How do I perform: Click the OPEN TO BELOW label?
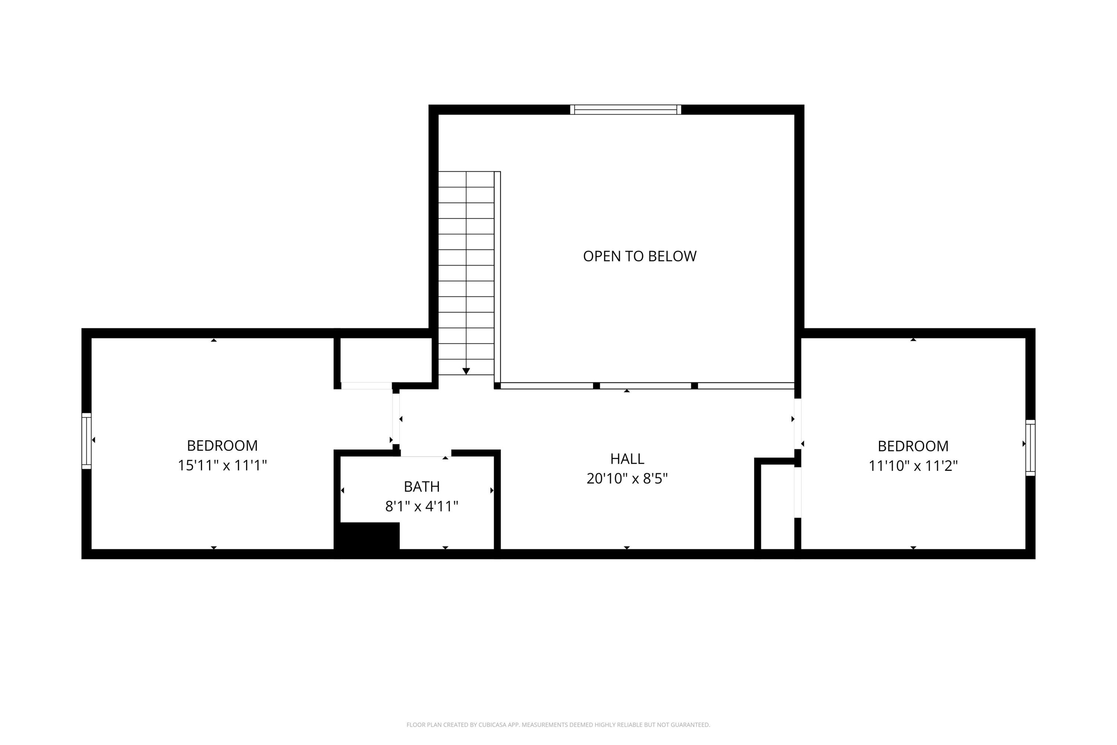639,256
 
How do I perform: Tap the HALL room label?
627,459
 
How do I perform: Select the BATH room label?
421,486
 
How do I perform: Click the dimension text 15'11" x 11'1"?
222,465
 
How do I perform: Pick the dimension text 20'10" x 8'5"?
627,478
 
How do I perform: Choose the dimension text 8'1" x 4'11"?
421,507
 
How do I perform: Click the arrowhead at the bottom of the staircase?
466,371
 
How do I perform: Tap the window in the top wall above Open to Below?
626,110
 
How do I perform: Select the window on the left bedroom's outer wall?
86,441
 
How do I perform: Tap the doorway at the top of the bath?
425,453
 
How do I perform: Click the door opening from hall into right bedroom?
798,423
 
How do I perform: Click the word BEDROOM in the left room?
222,446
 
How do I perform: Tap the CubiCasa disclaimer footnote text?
558,725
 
